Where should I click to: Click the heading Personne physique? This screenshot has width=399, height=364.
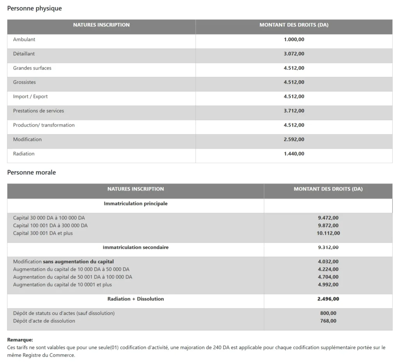[34, 8]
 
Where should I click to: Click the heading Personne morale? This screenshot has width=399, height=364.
[32, 172]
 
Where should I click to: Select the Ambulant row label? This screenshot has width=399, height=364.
[24, 39]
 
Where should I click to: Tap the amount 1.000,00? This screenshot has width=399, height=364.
[294, 39]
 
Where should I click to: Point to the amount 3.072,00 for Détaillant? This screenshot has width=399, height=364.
[294, 54]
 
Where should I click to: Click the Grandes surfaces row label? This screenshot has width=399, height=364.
[32, 68]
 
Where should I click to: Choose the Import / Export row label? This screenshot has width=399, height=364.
[30, 97]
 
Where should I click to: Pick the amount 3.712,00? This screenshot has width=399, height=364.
[294, 111]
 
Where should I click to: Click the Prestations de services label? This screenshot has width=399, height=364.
[39, 111]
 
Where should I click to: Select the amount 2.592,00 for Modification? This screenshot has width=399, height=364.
[294, 140]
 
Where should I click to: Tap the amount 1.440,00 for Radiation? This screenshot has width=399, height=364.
[294, 154]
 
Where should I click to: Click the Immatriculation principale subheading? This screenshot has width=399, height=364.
[136, 203]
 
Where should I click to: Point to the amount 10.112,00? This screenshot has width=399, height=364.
[328, 233]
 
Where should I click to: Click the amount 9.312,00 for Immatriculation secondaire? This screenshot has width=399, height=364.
[328, 247]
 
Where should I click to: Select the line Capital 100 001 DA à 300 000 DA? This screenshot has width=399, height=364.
[50, 226]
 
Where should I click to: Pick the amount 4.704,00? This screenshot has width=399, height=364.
[328, 277]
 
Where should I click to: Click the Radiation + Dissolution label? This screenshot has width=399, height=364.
[136, 299]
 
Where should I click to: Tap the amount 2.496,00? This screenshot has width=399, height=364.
[328, 299]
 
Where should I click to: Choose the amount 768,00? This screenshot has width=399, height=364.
[328, 321]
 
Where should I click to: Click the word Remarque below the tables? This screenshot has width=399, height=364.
[20, 340]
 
